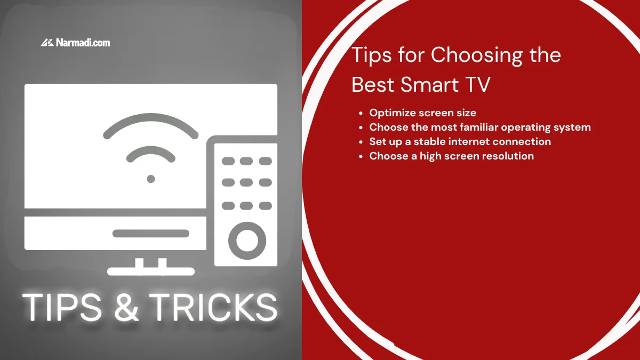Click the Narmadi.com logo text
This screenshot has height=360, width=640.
(83, 43)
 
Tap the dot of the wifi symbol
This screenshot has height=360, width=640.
(151, 179)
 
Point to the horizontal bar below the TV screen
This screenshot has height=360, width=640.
(151, 234)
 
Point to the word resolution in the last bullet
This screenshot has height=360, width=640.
(507, 156)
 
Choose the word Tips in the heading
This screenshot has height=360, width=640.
(372, 55)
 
